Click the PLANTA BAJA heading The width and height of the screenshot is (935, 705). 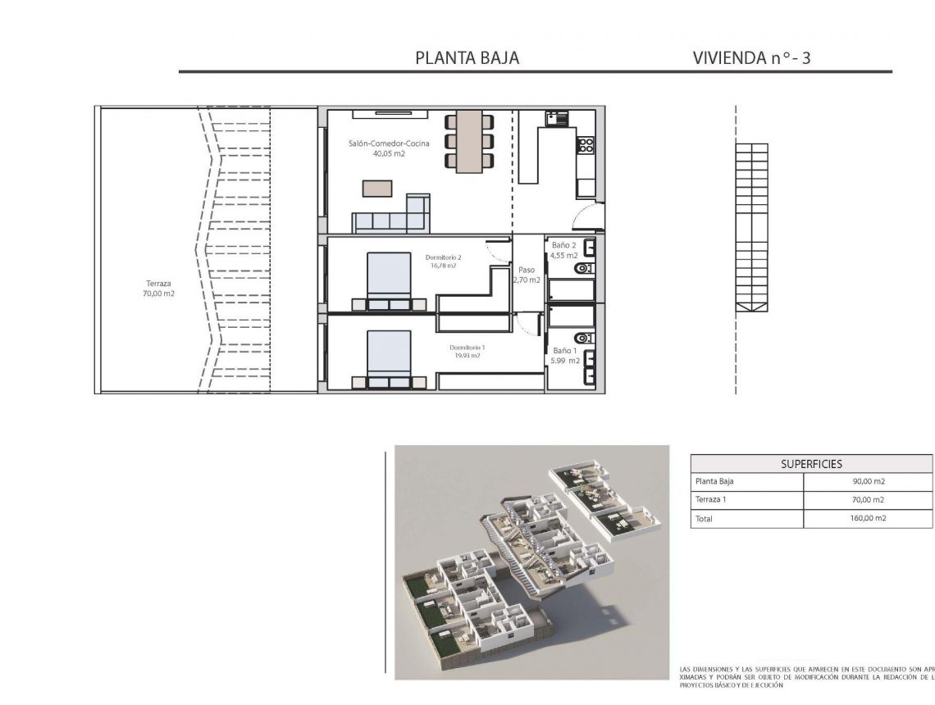pyautogui.click(x=467, y=58)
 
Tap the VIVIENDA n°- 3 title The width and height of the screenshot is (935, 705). pyautogui.click(x=751, y=58)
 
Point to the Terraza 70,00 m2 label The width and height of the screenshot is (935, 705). pyautogui.click(x=157, y=288)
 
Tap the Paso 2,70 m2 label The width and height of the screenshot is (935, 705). pyautogui.click(x=527, y=274)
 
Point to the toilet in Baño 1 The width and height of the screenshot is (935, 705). pyautogui.click(x=582, y=337)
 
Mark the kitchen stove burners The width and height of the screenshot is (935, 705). pyautogui.click(x=586, y=145)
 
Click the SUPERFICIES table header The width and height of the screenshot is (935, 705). pyautogui.click(x=811, y=464)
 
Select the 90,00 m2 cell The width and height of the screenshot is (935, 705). pyautogui.click(x=869, y=482)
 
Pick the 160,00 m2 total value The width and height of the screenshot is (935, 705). pyautogui.click(x=869, y=518)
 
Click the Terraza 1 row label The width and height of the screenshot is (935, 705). pyautogui.click(x=712, y=500)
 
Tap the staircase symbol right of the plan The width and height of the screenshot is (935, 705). pyautogui.click(x=751, y=228)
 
